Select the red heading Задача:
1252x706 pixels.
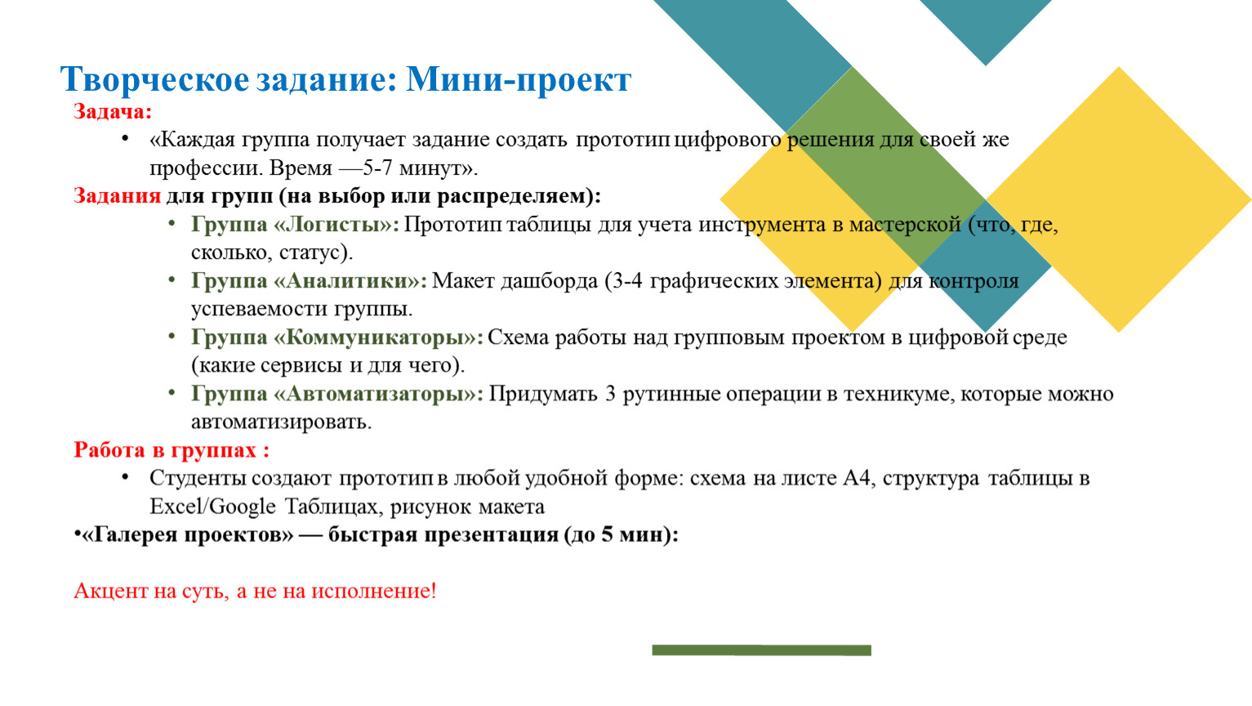pyautogui.click(x=113, y=111)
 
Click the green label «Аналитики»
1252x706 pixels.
pyautogui.click(x=350, y=280)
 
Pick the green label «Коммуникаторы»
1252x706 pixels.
pyautogui.click(x=377, y=337)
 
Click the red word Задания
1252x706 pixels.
pyautogui.click(x=117, y=196)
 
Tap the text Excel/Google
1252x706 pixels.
pyautogui.click(x=212, y=507)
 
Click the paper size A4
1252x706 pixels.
pyautogui.click(x=857, y=478)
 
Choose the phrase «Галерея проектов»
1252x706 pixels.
pyautogui.click(x=186, y=534)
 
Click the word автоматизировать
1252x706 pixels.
pyautogui.click(x=281, y=422)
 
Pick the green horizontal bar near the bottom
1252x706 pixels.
pyautogui.click(x=761, y=650)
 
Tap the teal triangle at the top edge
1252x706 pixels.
pyautogui.click(x=986, y=25)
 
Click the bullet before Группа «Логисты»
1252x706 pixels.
pyautogui.click(x=172, y=223)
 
